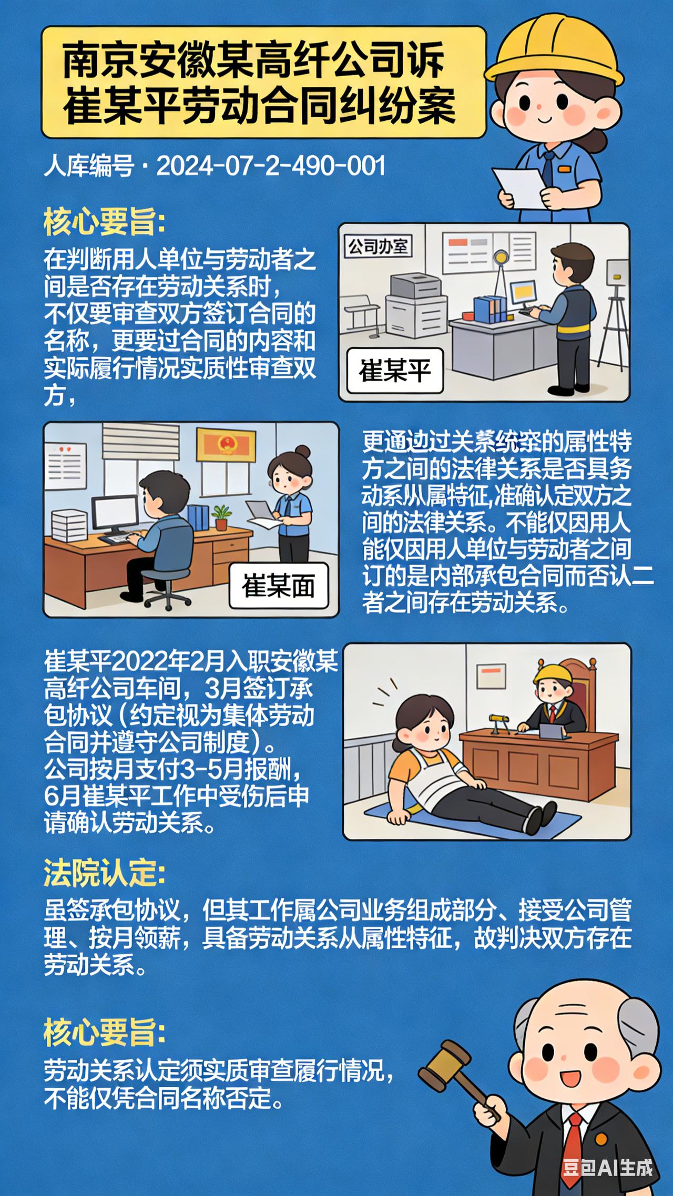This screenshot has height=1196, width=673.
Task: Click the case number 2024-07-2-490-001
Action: tap(271, 166)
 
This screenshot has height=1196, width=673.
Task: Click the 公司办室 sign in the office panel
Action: tap(378, 246)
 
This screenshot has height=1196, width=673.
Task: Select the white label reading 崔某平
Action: tap(395, 371)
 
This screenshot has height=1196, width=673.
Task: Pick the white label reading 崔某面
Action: tap(279, 586)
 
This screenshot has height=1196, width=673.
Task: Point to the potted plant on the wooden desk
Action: tap(221, 518)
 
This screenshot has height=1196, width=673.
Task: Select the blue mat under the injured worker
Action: tap(473, 820)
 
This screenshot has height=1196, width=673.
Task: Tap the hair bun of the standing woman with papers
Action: tap(303, 452)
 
